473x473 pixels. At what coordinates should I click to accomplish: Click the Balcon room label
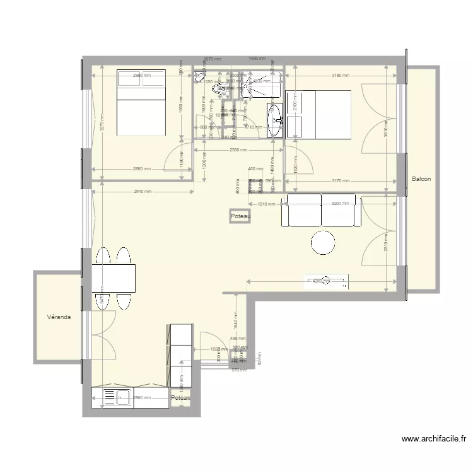[x=421, y=179]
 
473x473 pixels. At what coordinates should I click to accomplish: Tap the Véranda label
[x=59, y=317]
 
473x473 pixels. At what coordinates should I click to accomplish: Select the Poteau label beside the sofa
[x=240, y=216]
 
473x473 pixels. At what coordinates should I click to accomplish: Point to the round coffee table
[x=324, y=243]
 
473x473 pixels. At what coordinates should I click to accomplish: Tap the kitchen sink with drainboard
[x=116, y=398]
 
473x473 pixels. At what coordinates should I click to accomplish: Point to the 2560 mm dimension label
[x=238, y=150]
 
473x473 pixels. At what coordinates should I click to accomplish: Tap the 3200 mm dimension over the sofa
[x=339, y=204]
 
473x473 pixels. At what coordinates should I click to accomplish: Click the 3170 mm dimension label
[x=341, y=181]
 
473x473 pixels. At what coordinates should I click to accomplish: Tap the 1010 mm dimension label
[x=267, y=204]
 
